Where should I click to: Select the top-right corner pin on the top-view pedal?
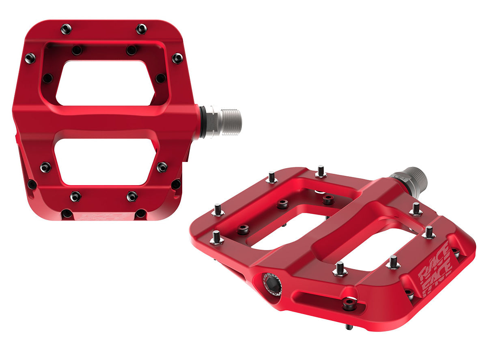(141, 29)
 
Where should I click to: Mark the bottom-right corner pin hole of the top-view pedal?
(140, 213)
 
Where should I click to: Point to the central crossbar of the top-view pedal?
(106, 122)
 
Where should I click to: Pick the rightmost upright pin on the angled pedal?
(429, 232)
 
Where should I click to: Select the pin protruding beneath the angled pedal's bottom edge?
(349, 326)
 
